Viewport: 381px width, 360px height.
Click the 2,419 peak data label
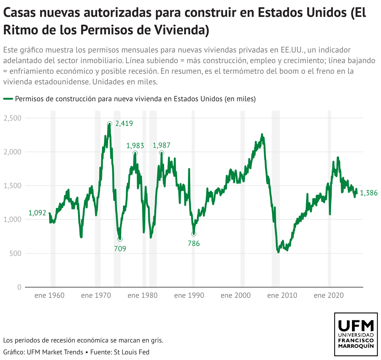[x=124, y=123]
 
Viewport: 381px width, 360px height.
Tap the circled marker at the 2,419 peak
[x=109, y=124]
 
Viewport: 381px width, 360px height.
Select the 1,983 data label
[x=135, y=145]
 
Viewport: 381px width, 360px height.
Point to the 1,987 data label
[x=161, y=145]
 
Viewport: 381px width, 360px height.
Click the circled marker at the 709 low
[x=120, y=239]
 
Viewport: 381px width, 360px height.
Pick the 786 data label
[x=194, y=243]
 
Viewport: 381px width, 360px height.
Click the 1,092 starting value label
[x=37, y=213]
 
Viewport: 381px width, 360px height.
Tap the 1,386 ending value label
[x=369, y=193]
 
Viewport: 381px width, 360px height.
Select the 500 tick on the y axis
[x=15, y=253]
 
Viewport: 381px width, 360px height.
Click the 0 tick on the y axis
[x=19, y=287]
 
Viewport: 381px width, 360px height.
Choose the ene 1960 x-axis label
[x=49, y=295]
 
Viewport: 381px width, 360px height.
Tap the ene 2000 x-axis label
[x=235, y=295]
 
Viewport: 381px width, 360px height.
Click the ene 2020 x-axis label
[x=329, y=295]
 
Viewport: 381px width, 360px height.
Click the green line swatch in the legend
[x=8, y=99]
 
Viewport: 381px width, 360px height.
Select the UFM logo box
[x=356, y=334]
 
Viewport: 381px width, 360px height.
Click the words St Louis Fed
[x=131, y=352]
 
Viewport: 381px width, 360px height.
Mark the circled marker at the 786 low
[x=194, y=234]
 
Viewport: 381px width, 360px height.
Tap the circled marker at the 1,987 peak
[x=161, y=153]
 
